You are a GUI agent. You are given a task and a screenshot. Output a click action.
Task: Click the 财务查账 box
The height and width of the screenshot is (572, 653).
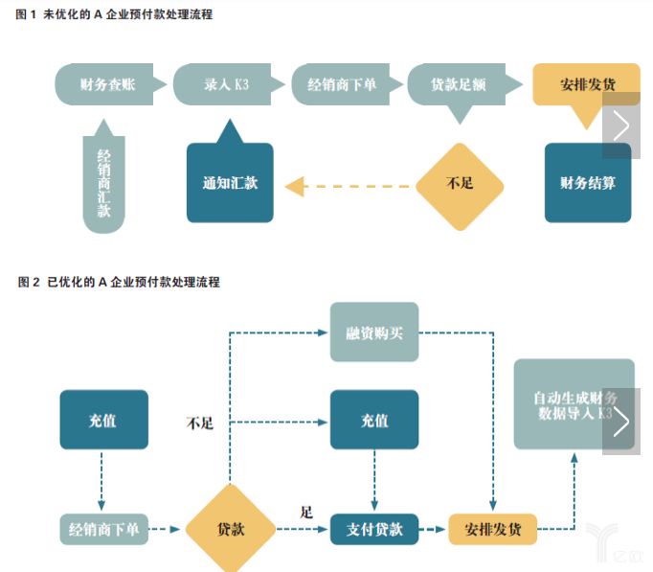pyautogui.click(x=107, y=84)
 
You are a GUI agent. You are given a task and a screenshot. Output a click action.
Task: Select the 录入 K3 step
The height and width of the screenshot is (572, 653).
pyautogui.click(x=226, y=84)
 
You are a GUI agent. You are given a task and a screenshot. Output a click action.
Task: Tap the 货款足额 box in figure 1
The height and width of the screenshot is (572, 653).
pyautogui.click(x=458, y=85)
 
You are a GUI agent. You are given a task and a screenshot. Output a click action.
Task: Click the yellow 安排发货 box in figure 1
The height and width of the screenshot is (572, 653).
pyautogui.click(x=586, y=85)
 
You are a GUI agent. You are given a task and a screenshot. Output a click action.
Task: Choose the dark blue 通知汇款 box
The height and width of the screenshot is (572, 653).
pyautogui.click(x=230, y=181)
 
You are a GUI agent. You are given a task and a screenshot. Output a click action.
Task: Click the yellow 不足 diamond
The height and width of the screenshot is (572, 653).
pyautogui.click(x=460, y=186)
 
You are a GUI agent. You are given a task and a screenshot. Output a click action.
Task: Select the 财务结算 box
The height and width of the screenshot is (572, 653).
pyautogui.click(x=588, y=182)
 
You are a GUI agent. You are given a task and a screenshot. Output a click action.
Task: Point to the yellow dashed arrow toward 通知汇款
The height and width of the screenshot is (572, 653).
pyautogui.click(x=348, y=186)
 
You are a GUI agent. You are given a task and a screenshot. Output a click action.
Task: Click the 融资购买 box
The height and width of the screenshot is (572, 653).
pyautogui.click(x=374, y=332)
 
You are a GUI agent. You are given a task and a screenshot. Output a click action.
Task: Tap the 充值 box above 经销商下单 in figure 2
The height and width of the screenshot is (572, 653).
pyautogui.click(x=103, y=420)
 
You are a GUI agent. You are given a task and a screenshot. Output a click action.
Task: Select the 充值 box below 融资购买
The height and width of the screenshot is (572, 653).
pyautogui.click(x=374, y=420)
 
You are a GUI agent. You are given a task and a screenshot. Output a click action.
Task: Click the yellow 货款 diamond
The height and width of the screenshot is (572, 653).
pyautogui.click(x=231, y=529)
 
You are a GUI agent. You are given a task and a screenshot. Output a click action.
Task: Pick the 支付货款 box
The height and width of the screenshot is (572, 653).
pyautogui.click(x=374, y=529)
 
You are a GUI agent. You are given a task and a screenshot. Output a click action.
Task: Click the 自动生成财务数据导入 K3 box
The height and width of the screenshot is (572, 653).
pyautogui.click(x=574, y=404)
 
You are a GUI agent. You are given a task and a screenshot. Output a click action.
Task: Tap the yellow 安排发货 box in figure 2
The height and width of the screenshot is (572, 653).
pyautogui.click(x=493, y=529)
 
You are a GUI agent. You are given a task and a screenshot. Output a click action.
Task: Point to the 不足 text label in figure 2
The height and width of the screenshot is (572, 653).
pyautogui.click(x=200, y=423)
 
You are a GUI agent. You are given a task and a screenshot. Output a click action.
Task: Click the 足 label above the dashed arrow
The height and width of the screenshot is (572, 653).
pyautogui.click(x=306, y=512)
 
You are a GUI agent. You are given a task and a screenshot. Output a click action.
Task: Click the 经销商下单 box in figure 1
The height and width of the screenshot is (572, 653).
pyautogui.click(x=343, y=84)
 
